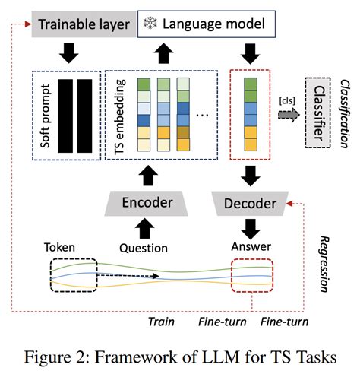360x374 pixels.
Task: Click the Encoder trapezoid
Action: [x=144, y=203]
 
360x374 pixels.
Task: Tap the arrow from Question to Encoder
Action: [x=144, y=226]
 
